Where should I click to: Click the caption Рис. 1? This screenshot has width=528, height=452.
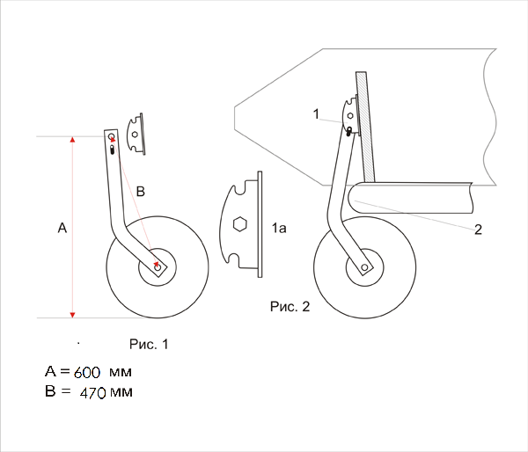tap(149, 344)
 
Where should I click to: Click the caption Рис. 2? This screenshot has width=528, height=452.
tap(290, 306)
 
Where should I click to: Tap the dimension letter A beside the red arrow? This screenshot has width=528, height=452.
tap(62, 228)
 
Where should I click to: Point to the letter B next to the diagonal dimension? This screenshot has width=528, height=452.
tap(141, 191)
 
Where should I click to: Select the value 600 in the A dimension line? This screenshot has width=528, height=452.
tap(87, 373)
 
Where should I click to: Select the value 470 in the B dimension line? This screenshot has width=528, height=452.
tap(93, 393)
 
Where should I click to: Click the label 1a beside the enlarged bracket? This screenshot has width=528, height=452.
tap(279, 228)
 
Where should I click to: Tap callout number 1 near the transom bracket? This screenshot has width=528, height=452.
tap(316, 113)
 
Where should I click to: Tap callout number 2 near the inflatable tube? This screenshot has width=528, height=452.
tap(478, 230)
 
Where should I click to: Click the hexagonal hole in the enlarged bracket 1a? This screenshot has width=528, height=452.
tap(240, 224)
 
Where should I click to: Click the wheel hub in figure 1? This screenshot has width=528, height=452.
tap(158, 267)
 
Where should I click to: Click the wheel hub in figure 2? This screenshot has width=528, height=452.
tap(364, 267)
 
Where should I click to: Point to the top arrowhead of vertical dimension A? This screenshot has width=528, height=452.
tap(72, 139)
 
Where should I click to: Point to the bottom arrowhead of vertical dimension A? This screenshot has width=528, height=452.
tap(72, 315)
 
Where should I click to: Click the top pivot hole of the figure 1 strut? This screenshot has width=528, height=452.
tap(112, 136)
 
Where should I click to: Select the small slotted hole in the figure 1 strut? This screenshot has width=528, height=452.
tap(112, 149)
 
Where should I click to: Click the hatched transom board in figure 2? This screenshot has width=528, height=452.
tap(365, 127)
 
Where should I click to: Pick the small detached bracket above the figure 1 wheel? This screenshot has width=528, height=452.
tap(136, 134)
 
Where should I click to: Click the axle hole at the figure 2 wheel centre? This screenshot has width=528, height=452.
tap(364, 267)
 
